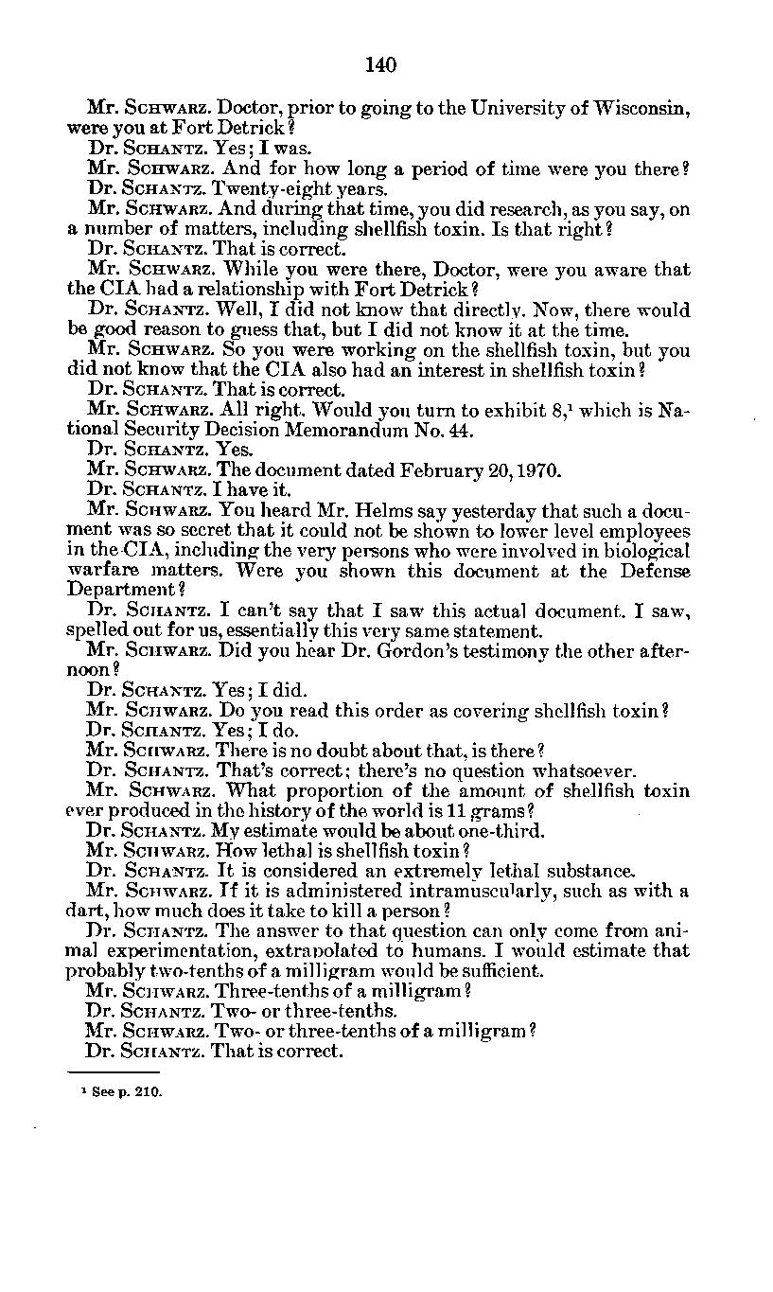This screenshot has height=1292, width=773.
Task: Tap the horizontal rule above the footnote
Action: coord(100,1072)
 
